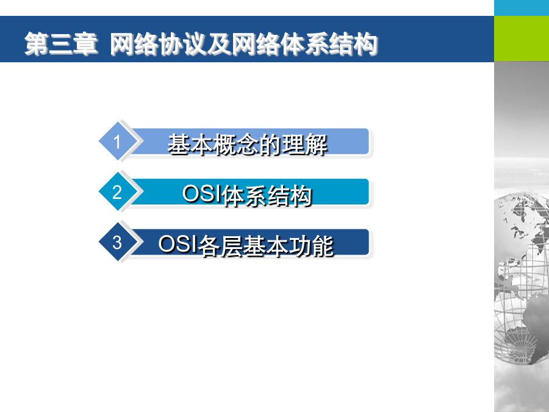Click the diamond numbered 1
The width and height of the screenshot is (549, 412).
point(117,141)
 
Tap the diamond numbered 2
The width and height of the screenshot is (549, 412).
point(117,192)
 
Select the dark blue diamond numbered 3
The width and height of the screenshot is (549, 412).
point(117,242)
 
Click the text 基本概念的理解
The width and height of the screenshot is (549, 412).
point(248,144)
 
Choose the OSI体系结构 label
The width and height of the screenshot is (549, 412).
point(247,195)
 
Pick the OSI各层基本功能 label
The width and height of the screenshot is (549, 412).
point(246,245)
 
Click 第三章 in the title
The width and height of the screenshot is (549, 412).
point(61,44)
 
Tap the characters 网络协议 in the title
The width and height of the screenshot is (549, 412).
point(158,44)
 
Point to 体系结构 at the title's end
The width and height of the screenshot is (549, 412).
point(329,44)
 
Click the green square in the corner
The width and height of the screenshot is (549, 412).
point(522,38)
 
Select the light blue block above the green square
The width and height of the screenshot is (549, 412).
point(522,8)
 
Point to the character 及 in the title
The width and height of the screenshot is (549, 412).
point(219,44)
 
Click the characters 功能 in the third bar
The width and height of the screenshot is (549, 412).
point(311,245)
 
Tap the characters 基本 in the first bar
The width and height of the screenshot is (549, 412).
point(190,144)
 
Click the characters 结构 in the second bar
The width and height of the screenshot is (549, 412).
point(290,195)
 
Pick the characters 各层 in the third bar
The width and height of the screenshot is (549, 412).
point(220,245)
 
